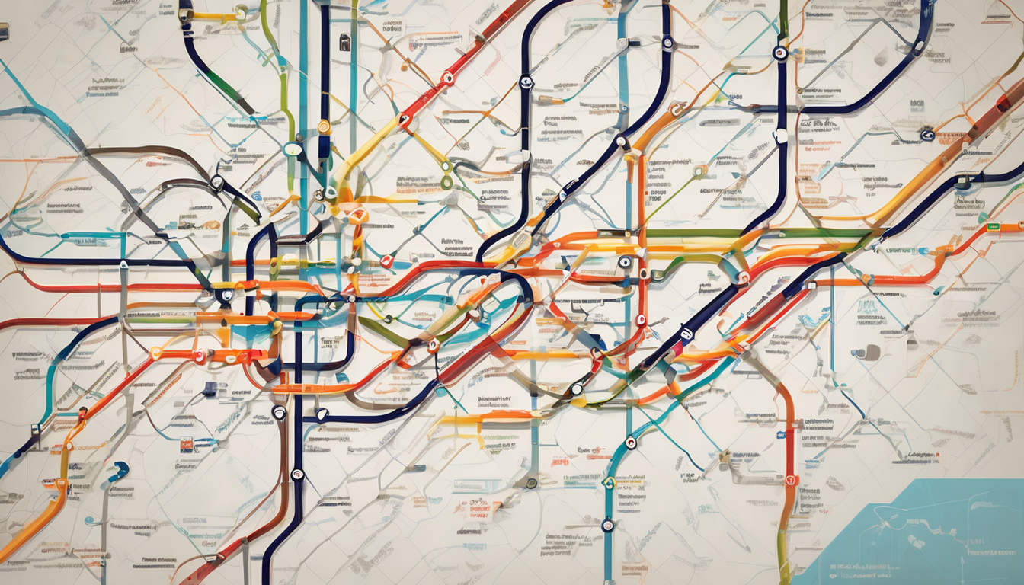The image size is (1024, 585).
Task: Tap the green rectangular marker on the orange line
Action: [x=993, y=226]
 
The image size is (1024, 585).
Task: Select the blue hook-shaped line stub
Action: [x=117, y=473]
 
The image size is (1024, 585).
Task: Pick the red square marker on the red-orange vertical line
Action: [x=790, y=481]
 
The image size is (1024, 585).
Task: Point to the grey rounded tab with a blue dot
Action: [x=868, y=352]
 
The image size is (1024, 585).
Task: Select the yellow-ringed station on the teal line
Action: [x=608, y=482]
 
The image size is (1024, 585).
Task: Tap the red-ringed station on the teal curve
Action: [x=631, y=442]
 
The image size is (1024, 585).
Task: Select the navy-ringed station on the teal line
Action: [x=607, y=525]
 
